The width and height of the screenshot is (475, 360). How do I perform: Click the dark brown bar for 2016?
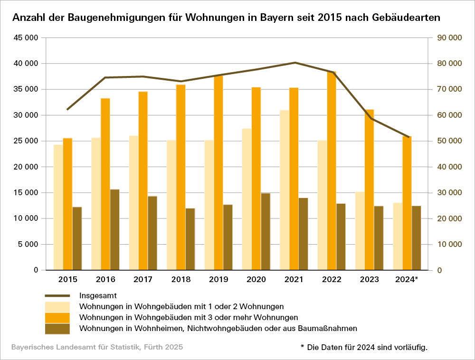coord(114,230)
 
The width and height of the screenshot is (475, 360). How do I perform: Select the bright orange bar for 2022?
coord(332,171)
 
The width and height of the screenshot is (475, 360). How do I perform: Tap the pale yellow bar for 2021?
coord(285,190)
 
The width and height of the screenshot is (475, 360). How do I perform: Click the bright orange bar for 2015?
coord(67,204)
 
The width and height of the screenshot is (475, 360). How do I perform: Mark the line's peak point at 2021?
coord(294,63)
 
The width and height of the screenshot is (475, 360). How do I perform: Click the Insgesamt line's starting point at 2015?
coord(67,110)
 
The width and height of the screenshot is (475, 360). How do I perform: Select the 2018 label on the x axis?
coord(180,279)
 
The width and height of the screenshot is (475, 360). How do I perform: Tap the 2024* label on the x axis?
coord(406,279)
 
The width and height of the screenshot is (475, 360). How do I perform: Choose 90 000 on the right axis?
coord(448,38)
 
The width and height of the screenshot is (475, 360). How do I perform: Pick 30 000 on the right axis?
coord(448,193)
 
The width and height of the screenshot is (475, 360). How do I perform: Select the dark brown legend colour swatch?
coord(57,328)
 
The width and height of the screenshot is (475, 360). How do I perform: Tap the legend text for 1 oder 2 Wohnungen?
coord(181,306)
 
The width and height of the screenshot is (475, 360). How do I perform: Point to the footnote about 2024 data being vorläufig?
coord(364,348)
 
